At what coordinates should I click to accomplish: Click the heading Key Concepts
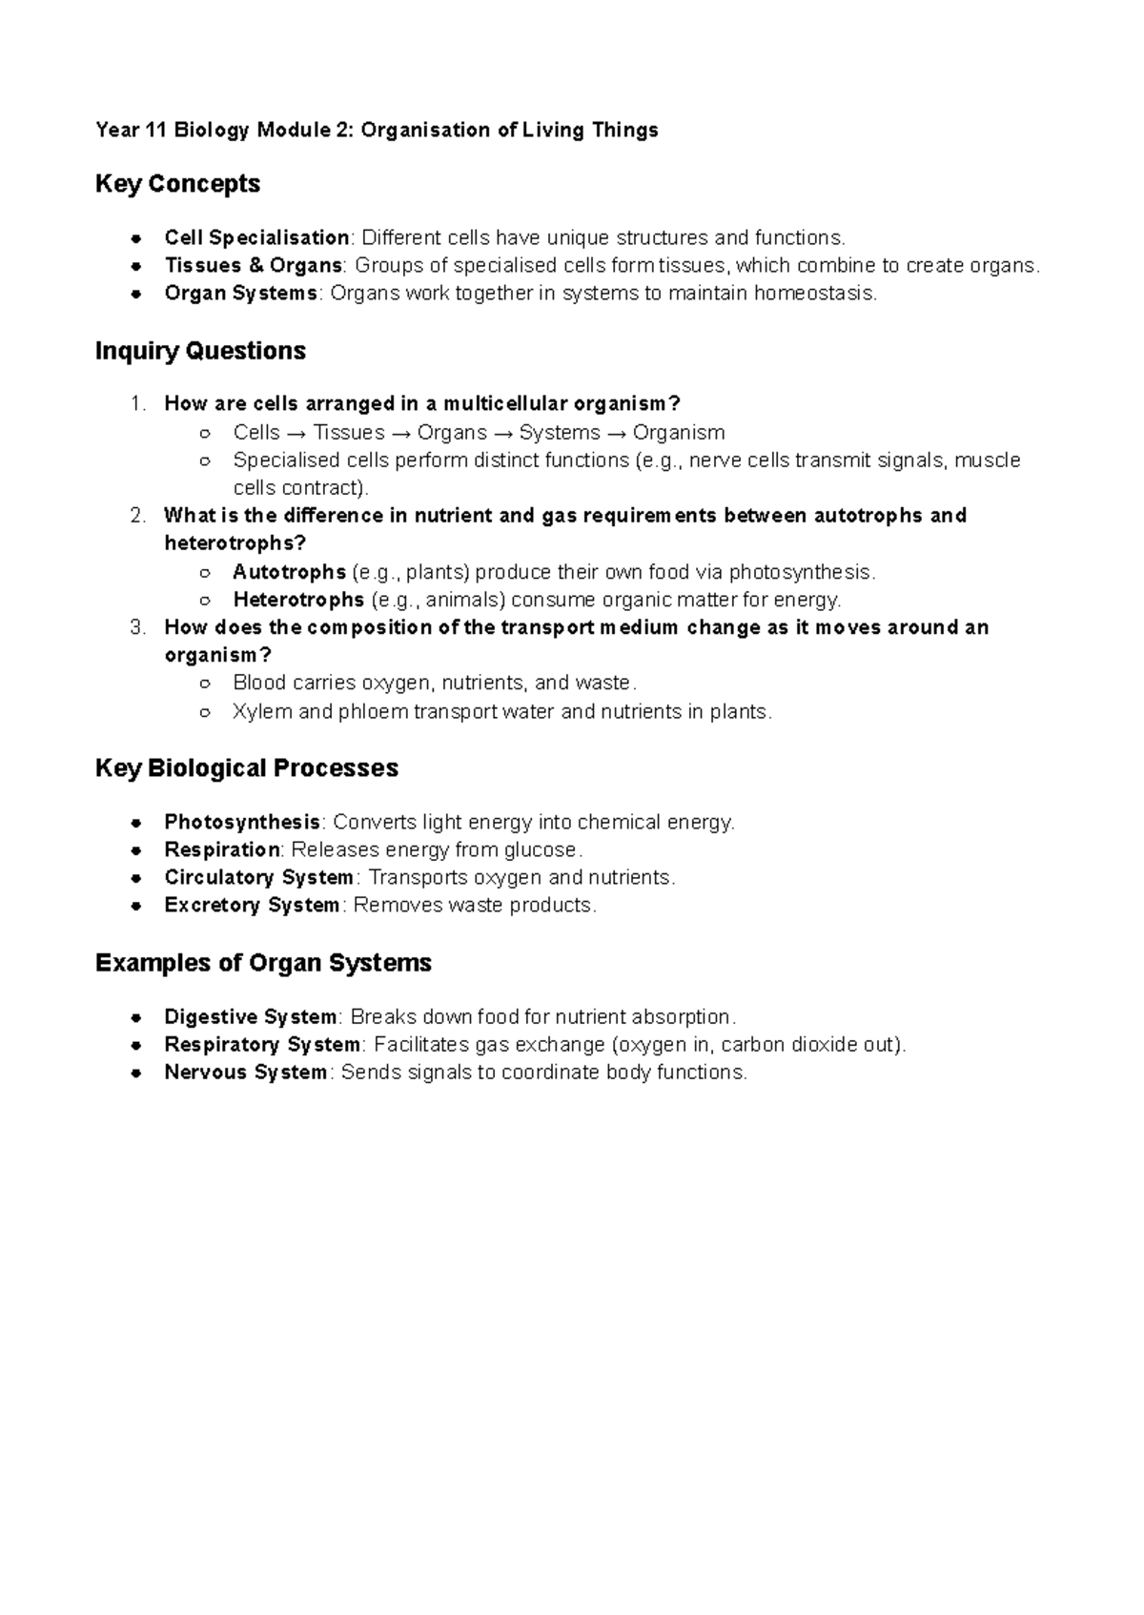coord(177,183)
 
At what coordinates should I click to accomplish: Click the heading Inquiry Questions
coord(200,351)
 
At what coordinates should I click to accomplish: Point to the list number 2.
coord(137,516)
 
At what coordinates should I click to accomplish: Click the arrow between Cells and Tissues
coord(296,433)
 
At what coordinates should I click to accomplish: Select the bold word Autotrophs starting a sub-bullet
coord(289,572)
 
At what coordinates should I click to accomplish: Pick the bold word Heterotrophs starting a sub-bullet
coord(298,600)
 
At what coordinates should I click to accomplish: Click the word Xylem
coord(262,711)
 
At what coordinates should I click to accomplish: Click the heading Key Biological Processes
coord(246,767)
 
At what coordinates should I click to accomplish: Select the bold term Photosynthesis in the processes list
coord(242,822)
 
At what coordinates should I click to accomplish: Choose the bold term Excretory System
coord(252,905)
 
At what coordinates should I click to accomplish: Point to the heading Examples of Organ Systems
coord(263,962)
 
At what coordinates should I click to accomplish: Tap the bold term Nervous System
coord(245,1073)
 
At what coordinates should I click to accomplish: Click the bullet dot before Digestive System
coord(137,1017)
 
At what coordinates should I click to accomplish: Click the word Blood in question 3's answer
coord(259,684)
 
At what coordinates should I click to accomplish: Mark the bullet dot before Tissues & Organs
coord(137,266)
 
